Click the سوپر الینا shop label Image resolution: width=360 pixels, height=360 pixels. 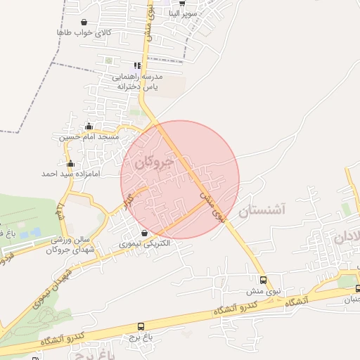(193, 13)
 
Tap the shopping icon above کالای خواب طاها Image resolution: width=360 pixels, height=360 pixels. (84, 22)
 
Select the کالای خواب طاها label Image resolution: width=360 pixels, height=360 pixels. (84, 32)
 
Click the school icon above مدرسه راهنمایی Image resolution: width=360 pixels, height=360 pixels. (138, 66)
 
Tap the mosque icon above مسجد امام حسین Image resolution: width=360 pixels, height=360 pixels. (89, 127)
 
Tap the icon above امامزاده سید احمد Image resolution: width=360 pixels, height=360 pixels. (70, 164)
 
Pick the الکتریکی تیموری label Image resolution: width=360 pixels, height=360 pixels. (145, 243)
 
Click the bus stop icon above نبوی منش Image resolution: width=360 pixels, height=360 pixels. (263, 281)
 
